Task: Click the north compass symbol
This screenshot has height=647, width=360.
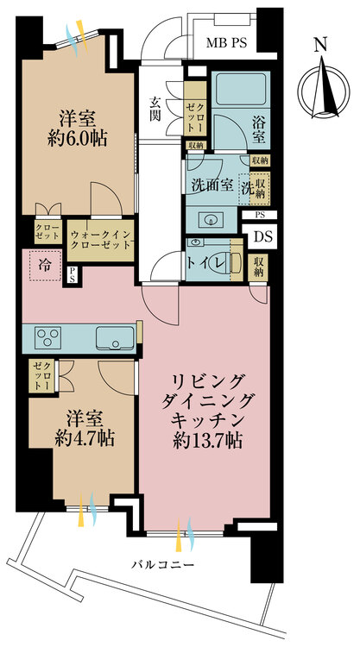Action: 319,86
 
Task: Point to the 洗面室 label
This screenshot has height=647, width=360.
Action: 208,184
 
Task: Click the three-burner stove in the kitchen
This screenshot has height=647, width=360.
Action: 46,336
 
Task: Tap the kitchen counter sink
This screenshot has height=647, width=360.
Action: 113,336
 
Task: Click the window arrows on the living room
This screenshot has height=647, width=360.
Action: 186,533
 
